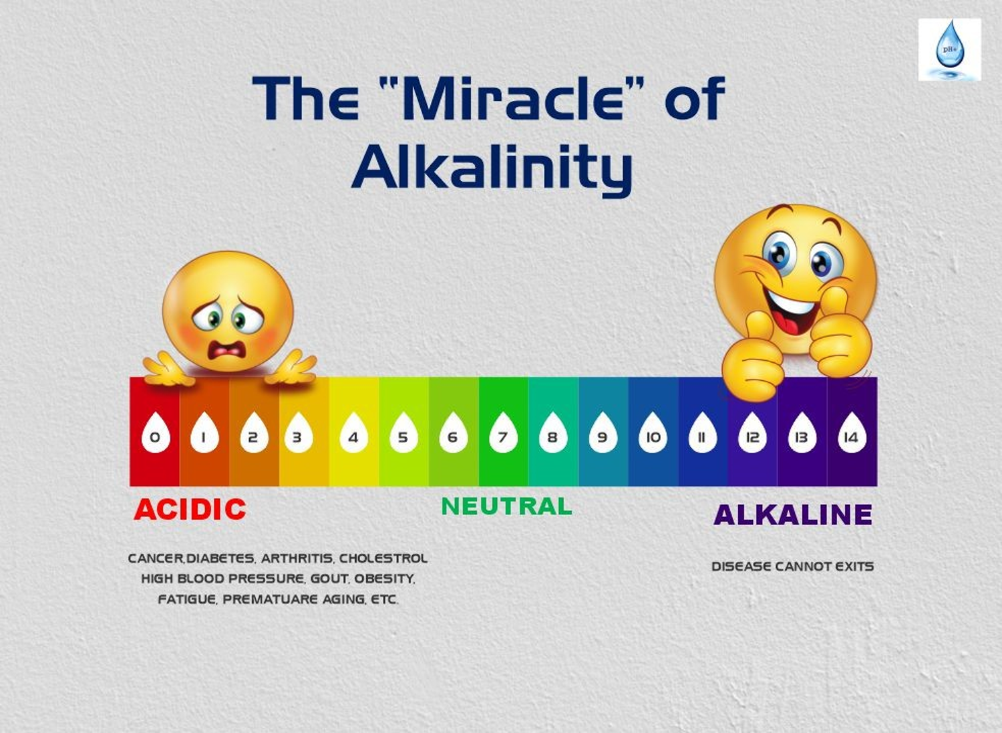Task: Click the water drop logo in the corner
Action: (x=950, y=49)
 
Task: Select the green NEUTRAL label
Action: (x=506, y=506)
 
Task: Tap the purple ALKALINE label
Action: (x=793, y=515)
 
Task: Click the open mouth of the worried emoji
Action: (x=227, y=349)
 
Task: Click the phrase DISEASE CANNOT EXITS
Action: (x=793, y=567)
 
